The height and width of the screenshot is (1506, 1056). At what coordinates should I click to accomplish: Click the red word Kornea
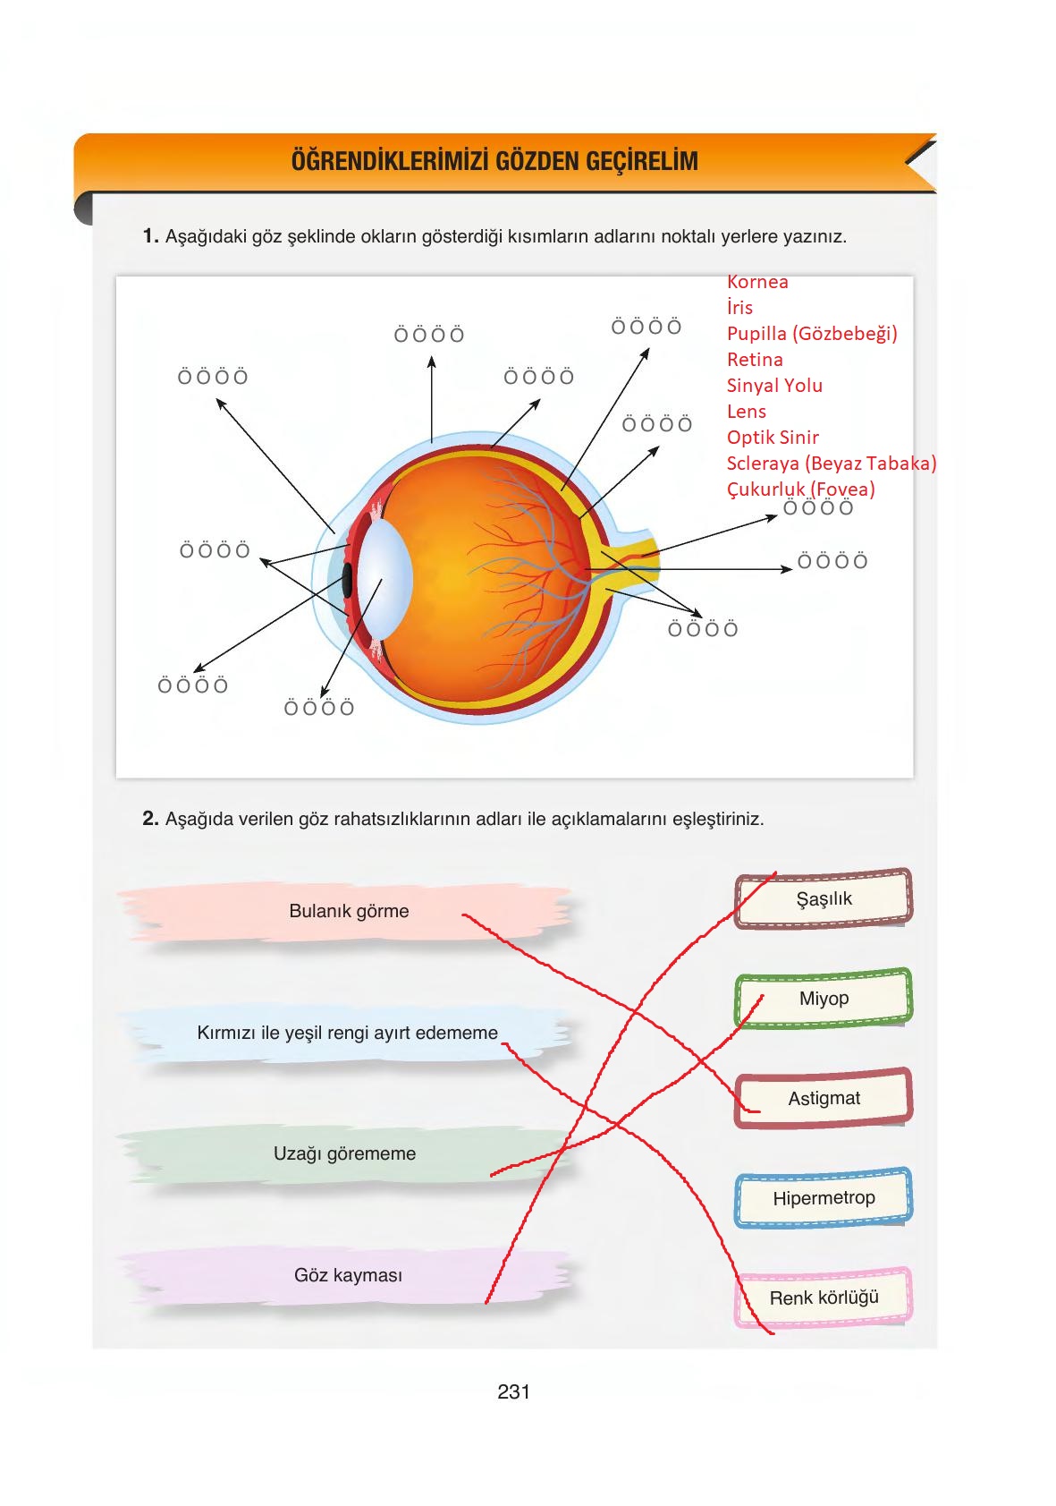(x=757, y=282)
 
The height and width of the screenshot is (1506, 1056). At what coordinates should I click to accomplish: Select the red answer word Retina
(x=755, y=360)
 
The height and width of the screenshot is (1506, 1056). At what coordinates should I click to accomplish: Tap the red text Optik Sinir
(x=773, y=438)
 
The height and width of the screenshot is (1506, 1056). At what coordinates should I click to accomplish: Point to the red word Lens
(x=746, y=412)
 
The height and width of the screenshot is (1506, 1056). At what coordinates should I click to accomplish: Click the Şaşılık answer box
(x=824, y=898)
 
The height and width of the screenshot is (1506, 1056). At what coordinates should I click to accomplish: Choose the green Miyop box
(x=824, y=998)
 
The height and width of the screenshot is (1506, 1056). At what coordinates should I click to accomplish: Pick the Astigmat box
(x=824, y=1098)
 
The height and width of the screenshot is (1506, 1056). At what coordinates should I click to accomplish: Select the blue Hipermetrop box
(x=824, y=1197)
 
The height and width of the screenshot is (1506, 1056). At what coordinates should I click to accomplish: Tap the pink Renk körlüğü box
(x=824, y=1298)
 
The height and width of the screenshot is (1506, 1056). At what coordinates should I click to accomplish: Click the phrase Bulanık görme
(x=349, y=911)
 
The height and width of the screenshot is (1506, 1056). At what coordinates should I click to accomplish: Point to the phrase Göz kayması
(x=348, y=1275)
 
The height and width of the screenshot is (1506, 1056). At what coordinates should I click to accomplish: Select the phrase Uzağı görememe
(x=344, y=1153)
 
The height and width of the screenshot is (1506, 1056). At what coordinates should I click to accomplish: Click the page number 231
(x=514, y=1391)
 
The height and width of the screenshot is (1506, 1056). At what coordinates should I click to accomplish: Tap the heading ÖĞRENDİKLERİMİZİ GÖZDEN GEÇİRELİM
(x=494, y=162)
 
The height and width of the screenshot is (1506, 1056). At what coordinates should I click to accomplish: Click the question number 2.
(x=150, y=818)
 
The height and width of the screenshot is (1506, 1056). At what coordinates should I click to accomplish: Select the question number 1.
(x=150, y=236)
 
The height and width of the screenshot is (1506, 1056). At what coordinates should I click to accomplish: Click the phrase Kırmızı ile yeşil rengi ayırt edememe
(x=347, y=1033)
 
